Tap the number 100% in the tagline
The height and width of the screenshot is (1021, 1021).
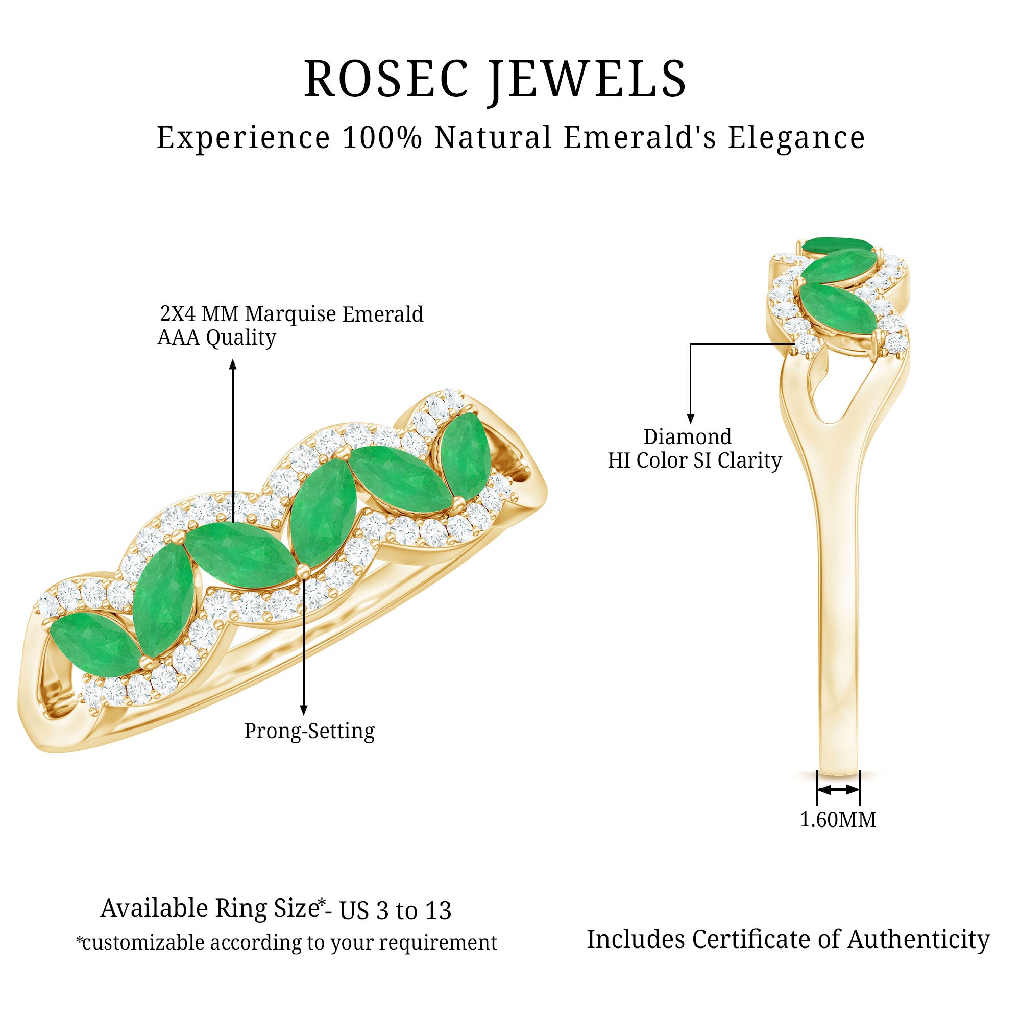pyautogui.click(x=382, y=137)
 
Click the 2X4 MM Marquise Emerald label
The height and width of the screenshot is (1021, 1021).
pyautogui.click(x=291, y=314)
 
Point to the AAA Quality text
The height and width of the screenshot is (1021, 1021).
pyautogui.click(x=216, y=337)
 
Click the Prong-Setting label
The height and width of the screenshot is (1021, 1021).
pyautogui.click(x=309, y=731)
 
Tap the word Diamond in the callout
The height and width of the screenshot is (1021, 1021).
pyautogui.click(x=687, y=437)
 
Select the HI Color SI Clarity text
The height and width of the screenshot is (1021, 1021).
pyautogui.click(x=694, y=460)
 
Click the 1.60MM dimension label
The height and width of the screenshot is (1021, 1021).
pyautogui.click(x=838, y=820)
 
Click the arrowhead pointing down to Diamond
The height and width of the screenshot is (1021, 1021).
pyautogui.click(x=690, y=419)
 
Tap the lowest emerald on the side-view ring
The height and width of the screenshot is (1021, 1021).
pyautogui.click(x=838, y=309)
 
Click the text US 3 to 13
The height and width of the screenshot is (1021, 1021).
pyautogui.click(x=395, y=911)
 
